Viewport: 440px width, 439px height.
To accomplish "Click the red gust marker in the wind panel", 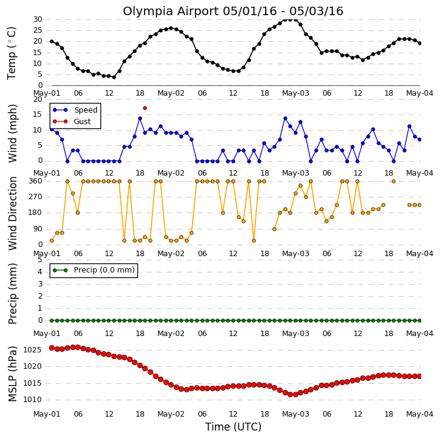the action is click(x=145, y=108).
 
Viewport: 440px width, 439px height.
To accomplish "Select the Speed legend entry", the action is click(x=75, y=110).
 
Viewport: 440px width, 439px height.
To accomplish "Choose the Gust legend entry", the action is click(x=71, y=122).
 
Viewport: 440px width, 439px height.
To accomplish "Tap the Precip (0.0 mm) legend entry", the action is click(x=94, y=270).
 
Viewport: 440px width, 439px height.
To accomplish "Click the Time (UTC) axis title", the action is click(x=233, y=427).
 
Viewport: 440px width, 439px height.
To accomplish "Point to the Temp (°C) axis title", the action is click(x=11, y=53).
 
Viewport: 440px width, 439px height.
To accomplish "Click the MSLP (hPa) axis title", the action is click(x=12, y=374).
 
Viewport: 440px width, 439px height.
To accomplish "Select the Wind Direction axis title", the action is click(x=12, y=213).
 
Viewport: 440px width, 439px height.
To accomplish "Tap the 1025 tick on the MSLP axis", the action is click(x=32, y=350).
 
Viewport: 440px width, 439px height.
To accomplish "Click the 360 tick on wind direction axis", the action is click(x=35, y=181).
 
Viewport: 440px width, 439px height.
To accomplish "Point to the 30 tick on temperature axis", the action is click(x=38, y=19).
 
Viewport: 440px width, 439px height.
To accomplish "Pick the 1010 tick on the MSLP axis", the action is click(x=32, y=400).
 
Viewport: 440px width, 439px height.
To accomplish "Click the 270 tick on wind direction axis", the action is click(x=35, y=197).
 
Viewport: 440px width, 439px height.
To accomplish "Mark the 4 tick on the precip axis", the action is click(x=40, y=272).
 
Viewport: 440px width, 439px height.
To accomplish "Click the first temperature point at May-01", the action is click(x=51, y=42).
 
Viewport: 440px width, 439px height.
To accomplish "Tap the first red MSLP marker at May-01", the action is click(x=51, y=348).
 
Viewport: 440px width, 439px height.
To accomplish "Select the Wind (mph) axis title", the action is click(x=12, y=133).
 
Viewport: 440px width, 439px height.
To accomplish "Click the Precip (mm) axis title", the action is click(x=12, y=294).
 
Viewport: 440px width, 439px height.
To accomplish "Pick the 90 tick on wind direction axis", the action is click(x=38, y=229).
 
